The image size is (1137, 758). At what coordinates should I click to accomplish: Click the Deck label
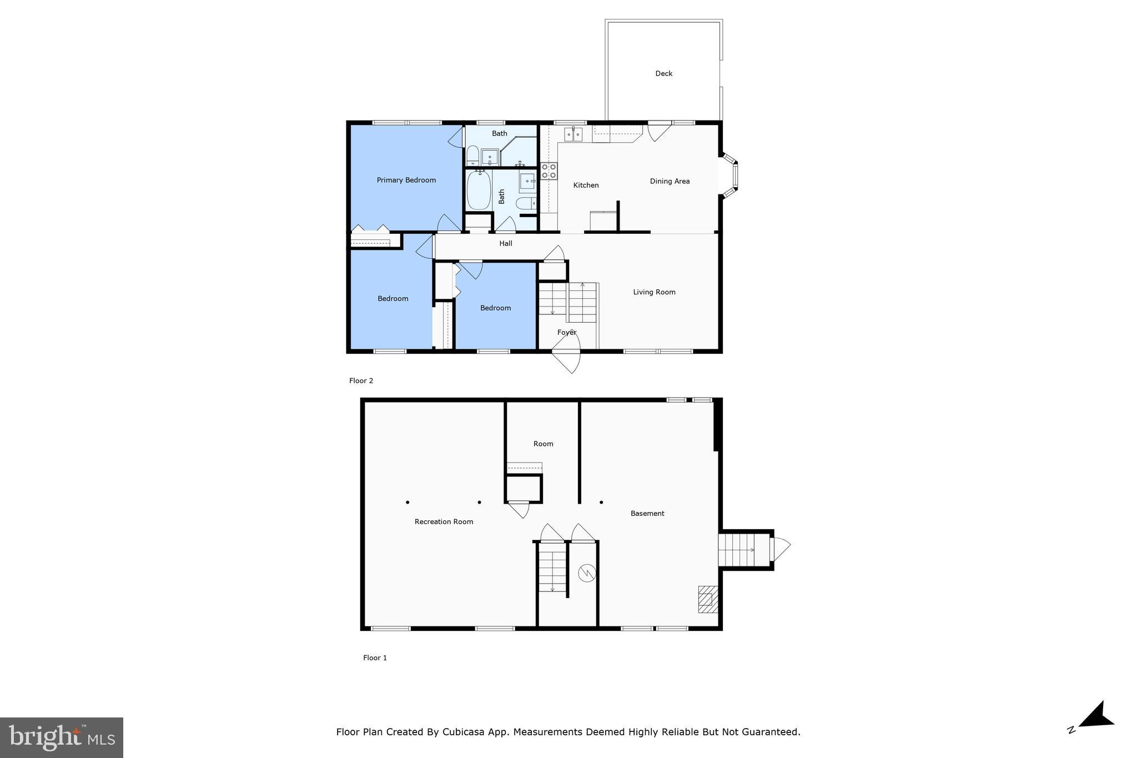pyautogui.click(x=663, y=73)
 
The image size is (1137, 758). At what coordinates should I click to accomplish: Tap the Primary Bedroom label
pyautogui.click(x=406, y=180)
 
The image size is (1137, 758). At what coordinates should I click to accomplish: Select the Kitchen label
pyautogui.click(x=586, y=185)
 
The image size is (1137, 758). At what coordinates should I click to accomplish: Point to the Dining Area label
pyautogui.click(x=670, y=181)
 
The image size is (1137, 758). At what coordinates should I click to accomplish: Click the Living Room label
pyautogui.click(x=654, y=292)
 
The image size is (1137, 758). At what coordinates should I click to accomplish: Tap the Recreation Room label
pyautogui.click(x=444, y=521)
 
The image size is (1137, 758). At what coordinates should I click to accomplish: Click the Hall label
pyautogui.click(x=505, y=243)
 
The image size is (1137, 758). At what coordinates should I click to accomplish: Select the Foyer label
pyautogui.click(x=567, y=332)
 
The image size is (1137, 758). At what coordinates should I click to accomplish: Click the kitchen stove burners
pyautogui.click(x=549, y=171)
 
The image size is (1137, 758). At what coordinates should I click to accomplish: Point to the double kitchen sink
pyautogui.click(x=573, y=134)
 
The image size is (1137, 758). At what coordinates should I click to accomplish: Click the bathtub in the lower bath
pyautogui.click(x=478, y=190)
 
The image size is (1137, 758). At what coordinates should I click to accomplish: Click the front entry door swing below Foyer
pyautogui.click(x=569, y=361)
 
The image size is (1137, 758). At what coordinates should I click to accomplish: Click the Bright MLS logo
pyautogui.click(x=62, y=737)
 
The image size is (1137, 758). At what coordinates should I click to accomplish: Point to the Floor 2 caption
pyautogui.click(x=361, y=380)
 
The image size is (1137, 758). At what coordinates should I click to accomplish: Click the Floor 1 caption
pyautogui.click(x=375, y=657)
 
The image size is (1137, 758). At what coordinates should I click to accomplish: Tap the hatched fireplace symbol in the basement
pyautogui.click(x=707, y=599)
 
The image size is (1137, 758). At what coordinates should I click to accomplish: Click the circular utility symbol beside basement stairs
pyautogui.click(x=586, y=573)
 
